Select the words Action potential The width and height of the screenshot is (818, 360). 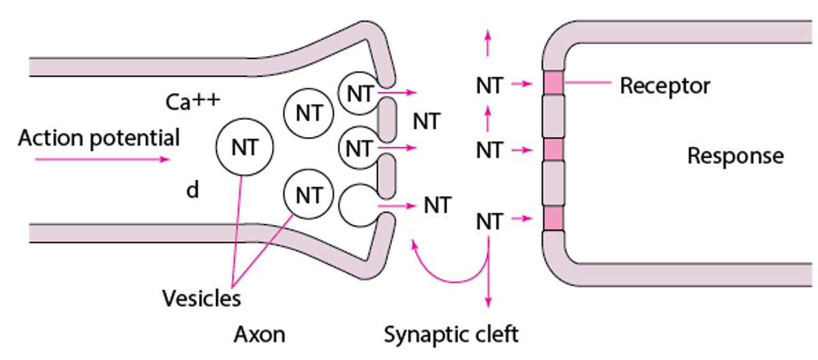(99, 138)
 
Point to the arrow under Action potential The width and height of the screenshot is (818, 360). (102, 160)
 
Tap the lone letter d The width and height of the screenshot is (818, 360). (193, 190)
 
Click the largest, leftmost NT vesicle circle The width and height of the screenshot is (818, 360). (243, 147)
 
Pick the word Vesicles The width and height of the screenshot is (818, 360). (201, 298)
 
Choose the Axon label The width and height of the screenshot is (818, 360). (260, 335)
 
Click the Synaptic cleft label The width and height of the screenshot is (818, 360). (451, 335)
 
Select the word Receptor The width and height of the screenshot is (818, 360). (665, 86)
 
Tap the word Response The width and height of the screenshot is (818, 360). (735, 156)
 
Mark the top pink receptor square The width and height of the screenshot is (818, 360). (554, 82)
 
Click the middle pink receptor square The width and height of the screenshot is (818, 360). (554, 149)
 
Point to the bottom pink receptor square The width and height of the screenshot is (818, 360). (554, 219)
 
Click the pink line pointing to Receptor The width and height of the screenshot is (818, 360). (588, 82)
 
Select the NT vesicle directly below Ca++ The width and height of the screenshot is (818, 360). (308, 112)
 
